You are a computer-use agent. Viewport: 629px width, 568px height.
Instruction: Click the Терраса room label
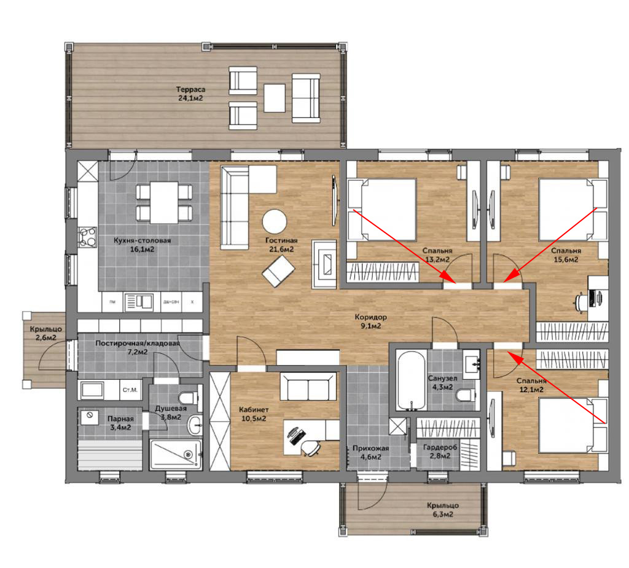(x=190, y=90)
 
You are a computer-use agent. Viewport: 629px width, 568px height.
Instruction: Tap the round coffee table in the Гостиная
(x=275, y=221)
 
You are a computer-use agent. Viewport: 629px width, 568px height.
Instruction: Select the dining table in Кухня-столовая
(x=164, y=202)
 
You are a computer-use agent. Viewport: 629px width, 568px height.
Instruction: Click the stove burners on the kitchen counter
(x=87, y=237)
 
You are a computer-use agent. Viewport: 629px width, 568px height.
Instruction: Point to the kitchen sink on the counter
(x=138, y=302)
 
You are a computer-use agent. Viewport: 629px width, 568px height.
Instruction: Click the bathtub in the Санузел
(x=411, y=381)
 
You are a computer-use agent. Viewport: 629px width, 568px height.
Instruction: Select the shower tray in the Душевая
(x=175, y=454)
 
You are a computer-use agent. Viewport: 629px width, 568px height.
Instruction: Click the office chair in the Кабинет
(x=310, y=448)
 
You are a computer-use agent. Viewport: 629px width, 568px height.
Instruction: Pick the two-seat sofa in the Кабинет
(x=308, y=386)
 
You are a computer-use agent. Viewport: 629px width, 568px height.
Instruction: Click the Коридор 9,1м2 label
(x=370, y=321)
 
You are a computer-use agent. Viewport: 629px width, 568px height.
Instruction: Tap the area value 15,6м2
(x=566, y=259)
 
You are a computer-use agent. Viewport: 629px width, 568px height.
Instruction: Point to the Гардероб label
(x=440, y=447)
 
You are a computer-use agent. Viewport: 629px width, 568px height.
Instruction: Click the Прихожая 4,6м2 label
(x=370, y=452)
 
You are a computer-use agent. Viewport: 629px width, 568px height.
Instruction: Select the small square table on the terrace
(x=275, y=98)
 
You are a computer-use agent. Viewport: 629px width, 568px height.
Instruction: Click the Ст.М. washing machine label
(x=130, y=390)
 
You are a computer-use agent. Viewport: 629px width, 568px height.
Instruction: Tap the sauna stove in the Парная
(x=90, y=417)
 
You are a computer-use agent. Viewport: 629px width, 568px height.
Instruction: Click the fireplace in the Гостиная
(x=324, y=264)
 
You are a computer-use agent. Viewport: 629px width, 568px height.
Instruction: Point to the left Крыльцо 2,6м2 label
(x=45, y=333)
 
